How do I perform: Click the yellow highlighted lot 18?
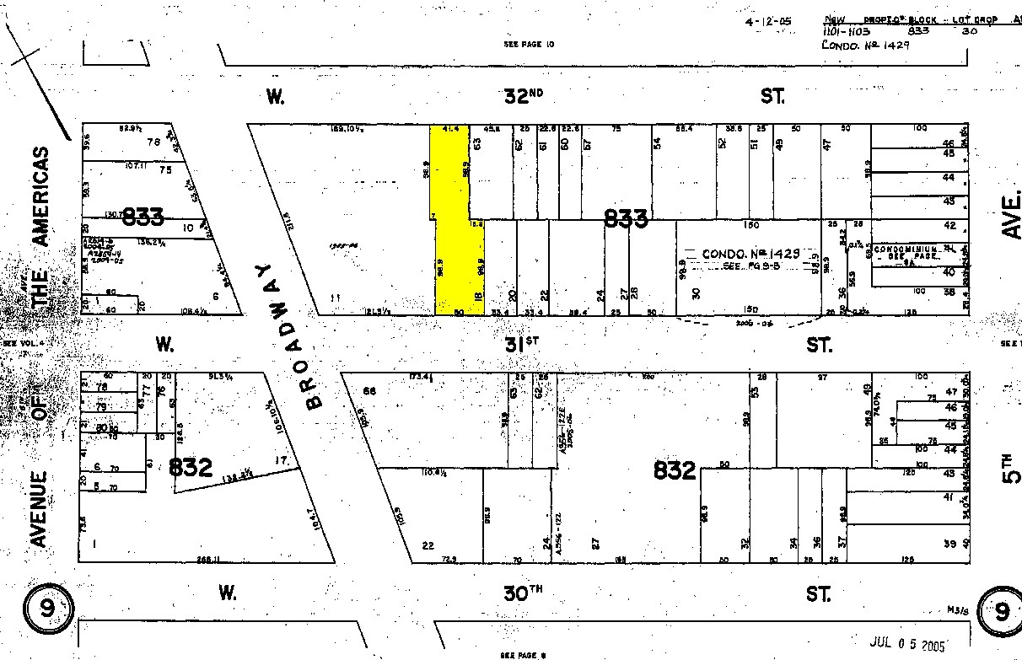(460, 253)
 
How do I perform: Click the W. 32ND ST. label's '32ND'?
(523, 97)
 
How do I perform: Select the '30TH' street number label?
(523, 593)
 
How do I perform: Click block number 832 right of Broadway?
(675, 470)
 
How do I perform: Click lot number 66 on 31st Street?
(368, 390)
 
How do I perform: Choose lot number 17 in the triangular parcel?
(281, 460)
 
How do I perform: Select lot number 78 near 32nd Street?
(153, 142)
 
